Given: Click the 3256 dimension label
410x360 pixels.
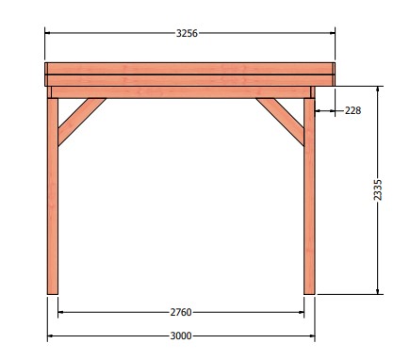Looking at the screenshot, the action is click(187, 33).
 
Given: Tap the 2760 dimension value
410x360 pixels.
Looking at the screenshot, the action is click(181, 312).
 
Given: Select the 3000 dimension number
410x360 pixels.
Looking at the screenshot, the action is click(181, 336).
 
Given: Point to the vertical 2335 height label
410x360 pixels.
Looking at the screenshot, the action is click(378, 189).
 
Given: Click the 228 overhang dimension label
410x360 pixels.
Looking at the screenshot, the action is click(353, 110).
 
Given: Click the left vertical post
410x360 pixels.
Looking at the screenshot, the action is click(53, 196).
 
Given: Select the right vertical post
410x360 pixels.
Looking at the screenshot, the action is click(309, 196).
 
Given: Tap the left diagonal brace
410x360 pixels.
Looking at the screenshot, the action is click(82, 122).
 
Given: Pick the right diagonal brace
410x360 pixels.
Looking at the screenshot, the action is click(280, 122).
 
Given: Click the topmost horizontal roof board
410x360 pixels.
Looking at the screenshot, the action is click(189, 69).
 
